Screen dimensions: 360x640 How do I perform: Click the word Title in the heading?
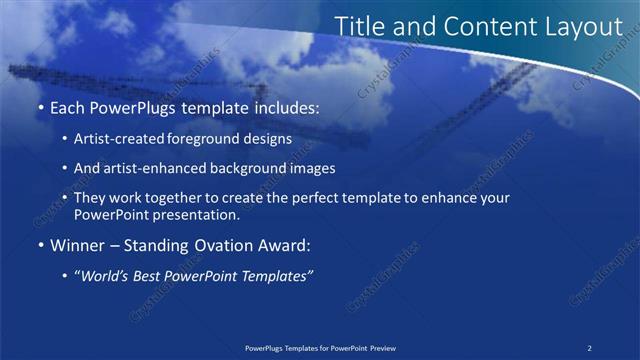pyautogui.click(x=357, y=27)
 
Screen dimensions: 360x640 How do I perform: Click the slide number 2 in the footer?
pyautogui.click(x=590, y=348)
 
